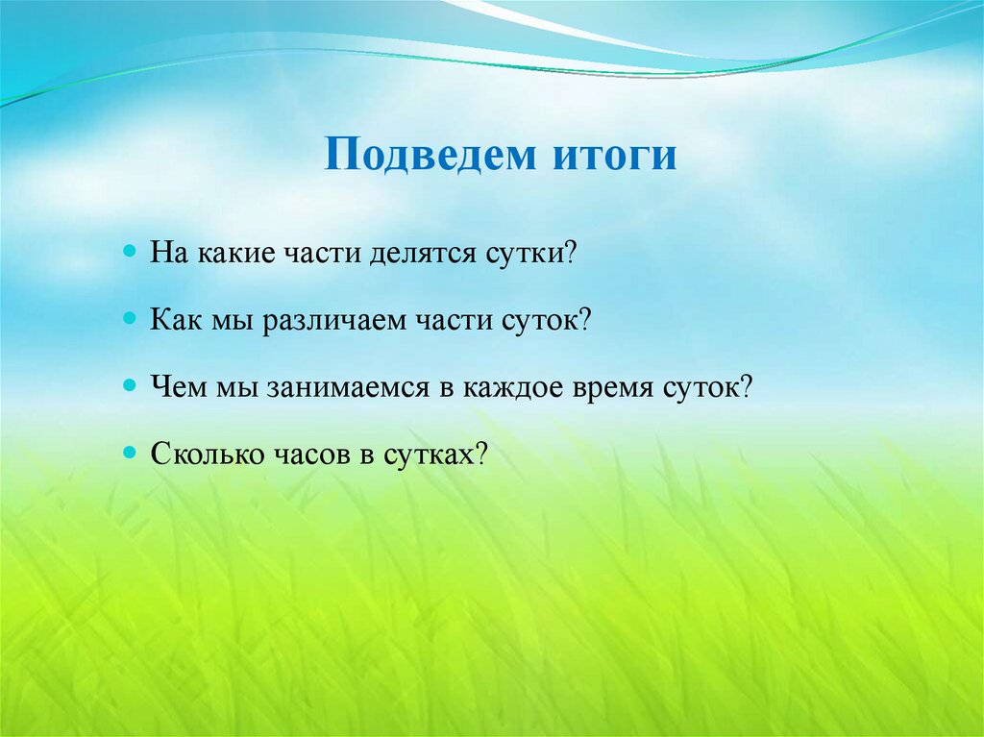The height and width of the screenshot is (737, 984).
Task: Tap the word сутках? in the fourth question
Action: [x=436, y=454]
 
